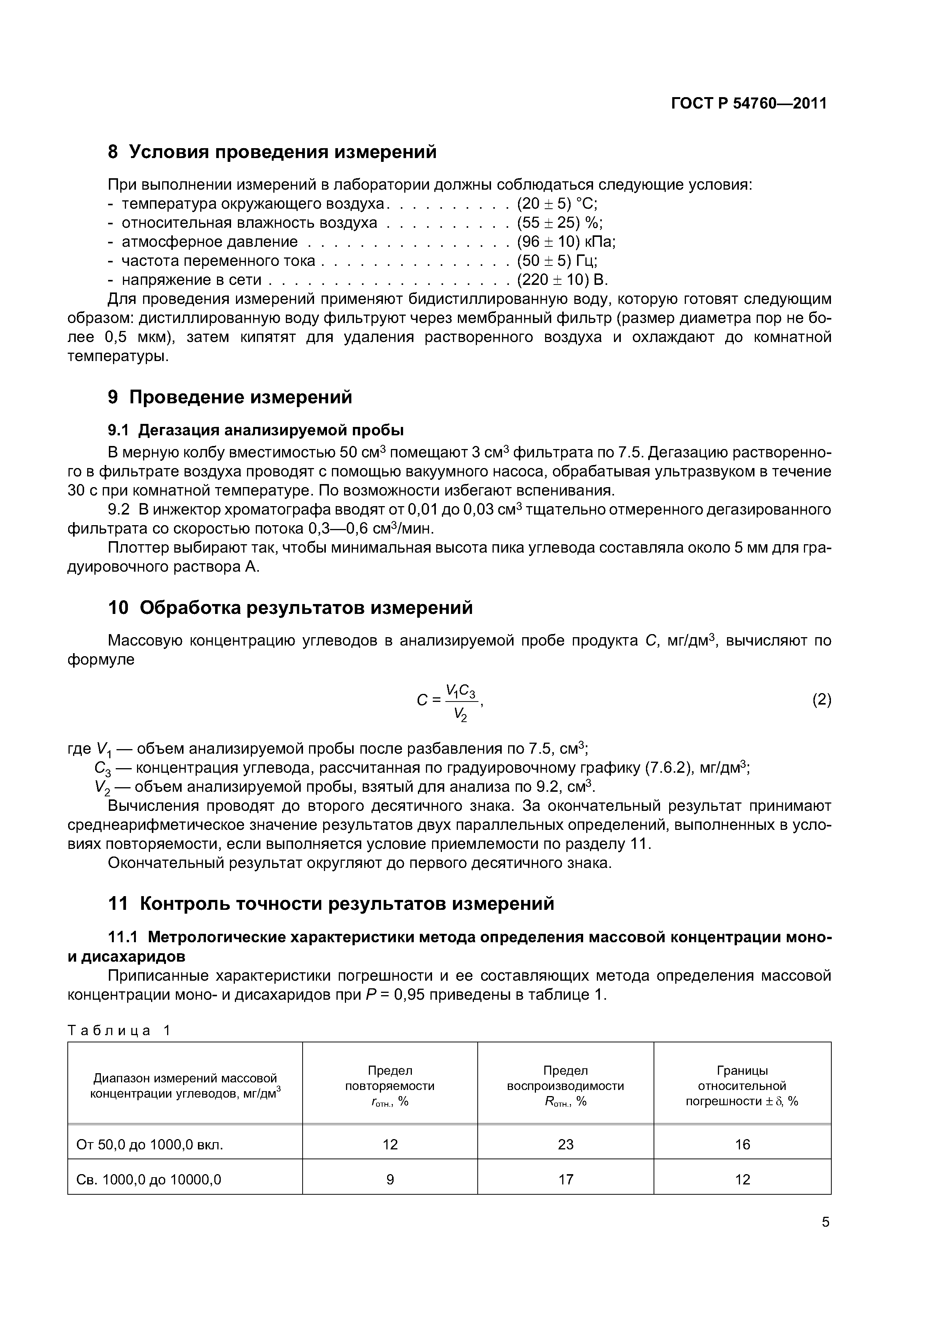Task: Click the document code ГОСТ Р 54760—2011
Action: (749, 104)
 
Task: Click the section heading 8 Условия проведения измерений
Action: (272, 152)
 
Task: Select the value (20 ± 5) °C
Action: (557, 204)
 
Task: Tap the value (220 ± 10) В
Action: (562, 280)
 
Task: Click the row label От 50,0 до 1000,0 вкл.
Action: (150, 1144)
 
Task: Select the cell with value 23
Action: (565, 1144)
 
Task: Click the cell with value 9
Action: (390, 1179)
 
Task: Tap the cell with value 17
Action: (565, 1179)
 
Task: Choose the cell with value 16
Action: (742, 1144)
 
